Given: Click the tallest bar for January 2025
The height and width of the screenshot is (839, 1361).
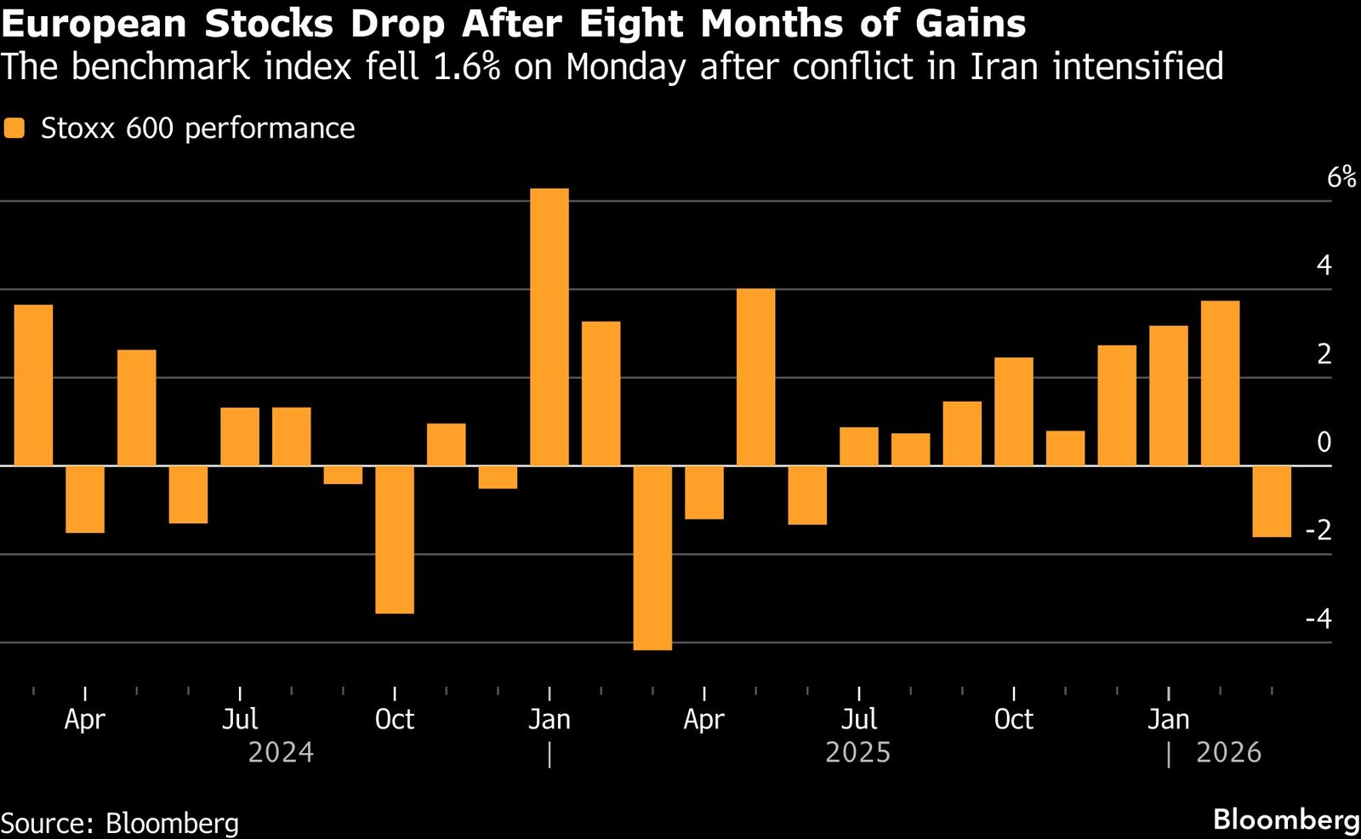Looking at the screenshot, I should (x=550, y=327).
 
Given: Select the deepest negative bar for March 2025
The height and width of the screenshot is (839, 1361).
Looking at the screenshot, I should (x=652, y=557).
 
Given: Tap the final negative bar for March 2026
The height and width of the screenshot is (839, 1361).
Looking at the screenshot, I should (x=1272, y=501).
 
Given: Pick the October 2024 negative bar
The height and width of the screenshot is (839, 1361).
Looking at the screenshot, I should (x=395, y=539).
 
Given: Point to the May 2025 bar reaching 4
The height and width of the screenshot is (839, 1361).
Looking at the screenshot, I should (x=755, y=377).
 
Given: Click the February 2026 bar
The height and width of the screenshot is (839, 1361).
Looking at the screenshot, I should (x=1220, y=383).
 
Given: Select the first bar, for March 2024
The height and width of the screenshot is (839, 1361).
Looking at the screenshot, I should (x=34, y=385).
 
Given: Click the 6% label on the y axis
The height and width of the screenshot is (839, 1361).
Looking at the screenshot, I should (x=1341, y=177).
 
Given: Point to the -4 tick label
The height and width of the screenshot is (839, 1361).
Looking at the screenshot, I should (x=1318, y=619).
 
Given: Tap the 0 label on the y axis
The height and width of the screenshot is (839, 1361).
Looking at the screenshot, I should (x=1324, y=442).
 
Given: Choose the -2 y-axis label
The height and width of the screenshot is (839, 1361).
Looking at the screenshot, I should (x=1318, y=530).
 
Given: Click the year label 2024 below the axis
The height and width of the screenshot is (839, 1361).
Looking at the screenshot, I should (x=281, y=753).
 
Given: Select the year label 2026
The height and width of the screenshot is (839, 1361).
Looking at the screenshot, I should (x=1228, y=753).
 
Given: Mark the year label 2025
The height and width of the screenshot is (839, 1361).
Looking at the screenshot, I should (x=857, y=753).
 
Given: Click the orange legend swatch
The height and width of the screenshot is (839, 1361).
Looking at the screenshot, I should (x=14, y=128).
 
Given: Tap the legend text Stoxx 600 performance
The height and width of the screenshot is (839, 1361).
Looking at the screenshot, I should (x=197, y=128).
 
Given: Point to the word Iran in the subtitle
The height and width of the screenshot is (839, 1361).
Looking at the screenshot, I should (x=1004, y=66).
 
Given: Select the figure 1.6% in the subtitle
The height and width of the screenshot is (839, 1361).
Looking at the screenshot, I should (x=466, y=66).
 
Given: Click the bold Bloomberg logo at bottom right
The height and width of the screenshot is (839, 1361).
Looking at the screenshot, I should (x=1286, y=819).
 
